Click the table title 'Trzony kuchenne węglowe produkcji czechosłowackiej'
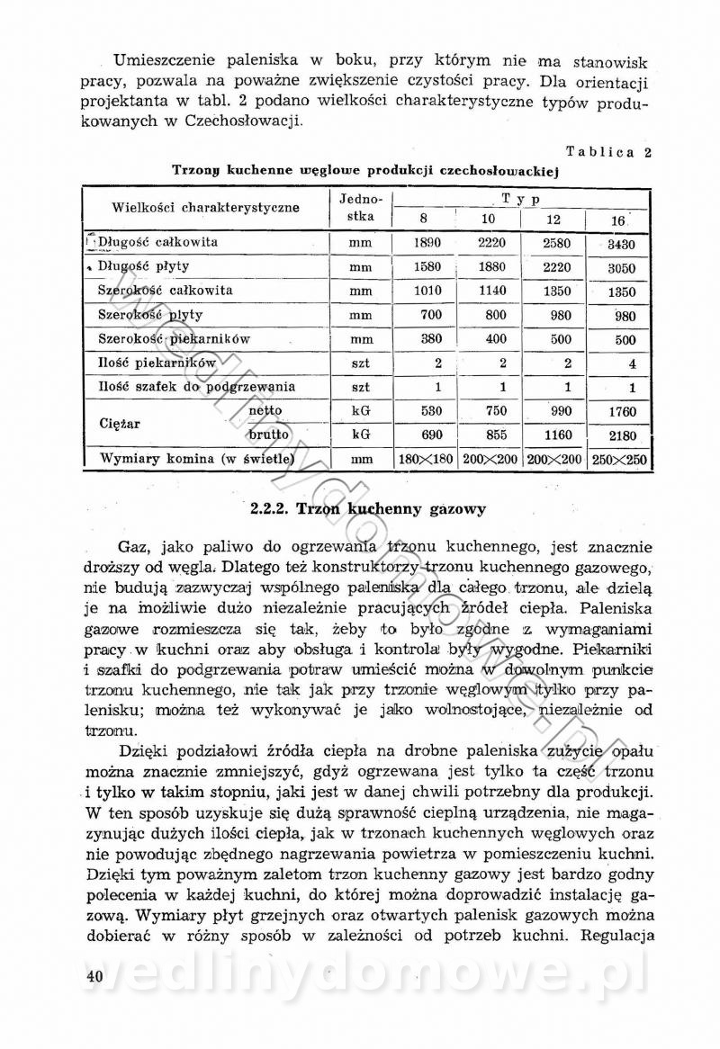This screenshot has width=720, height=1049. [366, 168]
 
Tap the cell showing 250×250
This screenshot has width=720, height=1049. [621, 460]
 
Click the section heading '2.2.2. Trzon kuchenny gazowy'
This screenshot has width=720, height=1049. [368, 509]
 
